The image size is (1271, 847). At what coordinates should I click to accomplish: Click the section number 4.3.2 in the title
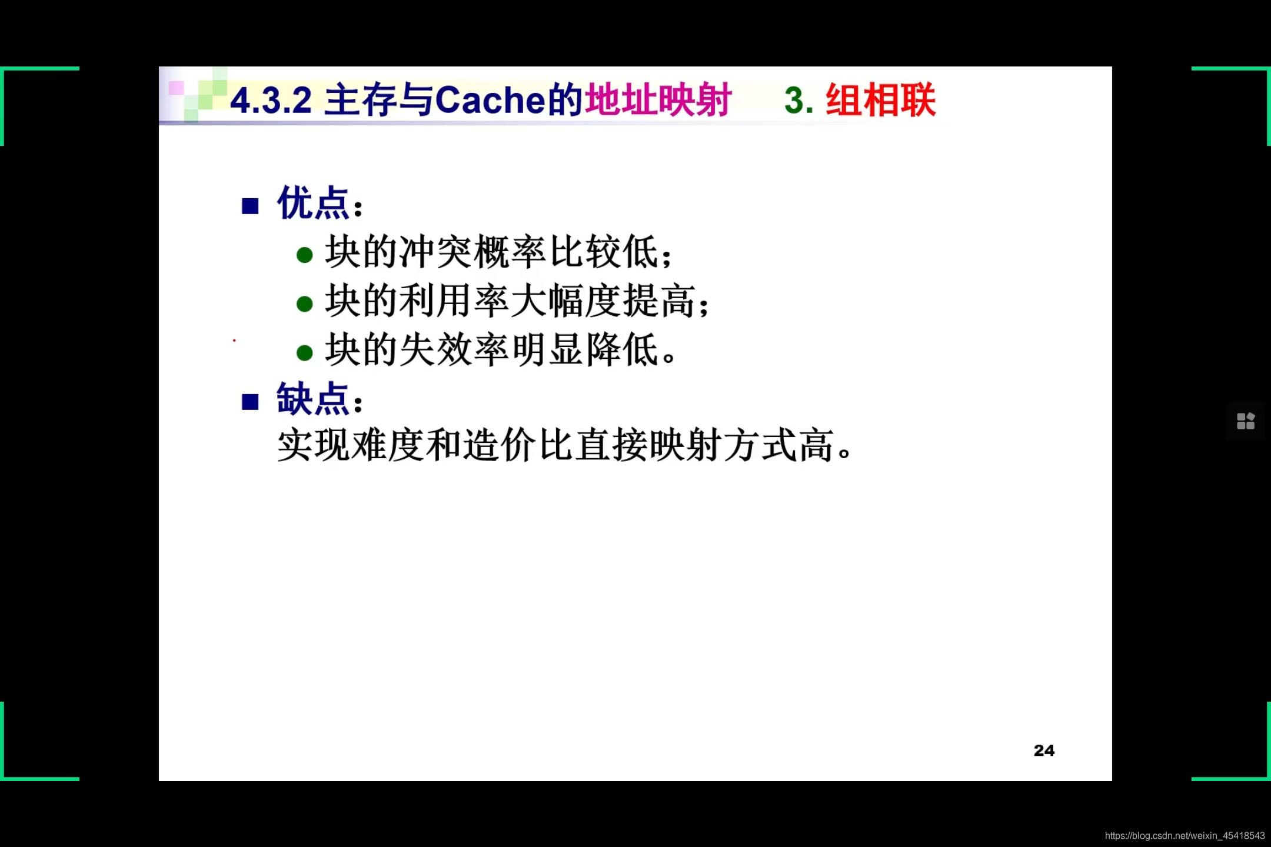270,101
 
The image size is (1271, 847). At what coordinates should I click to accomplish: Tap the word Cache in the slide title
491,101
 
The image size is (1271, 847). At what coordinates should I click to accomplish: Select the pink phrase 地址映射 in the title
658,100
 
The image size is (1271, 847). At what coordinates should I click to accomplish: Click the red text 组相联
880,100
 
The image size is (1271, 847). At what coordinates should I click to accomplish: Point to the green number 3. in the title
798,101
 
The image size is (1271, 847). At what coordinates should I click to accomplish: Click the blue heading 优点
314,204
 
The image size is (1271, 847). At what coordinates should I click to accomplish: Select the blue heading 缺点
314,399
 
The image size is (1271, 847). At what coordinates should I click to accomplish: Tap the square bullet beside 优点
250,206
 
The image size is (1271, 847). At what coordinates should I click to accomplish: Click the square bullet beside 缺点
250,402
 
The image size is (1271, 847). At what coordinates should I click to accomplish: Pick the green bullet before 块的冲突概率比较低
304,255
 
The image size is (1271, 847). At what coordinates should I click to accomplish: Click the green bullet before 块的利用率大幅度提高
304,304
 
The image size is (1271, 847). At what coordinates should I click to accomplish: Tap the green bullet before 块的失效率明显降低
304,352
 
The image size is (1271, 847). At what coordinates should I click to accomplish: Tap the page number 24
1044,751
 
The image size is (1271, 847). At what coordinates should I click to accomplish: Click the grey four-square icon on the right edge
1245,421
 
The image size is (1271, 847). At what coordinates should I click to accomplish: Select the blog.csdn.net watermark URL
1185,836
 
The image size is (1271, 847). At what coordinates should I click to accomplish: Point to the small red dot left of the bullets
234,340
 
